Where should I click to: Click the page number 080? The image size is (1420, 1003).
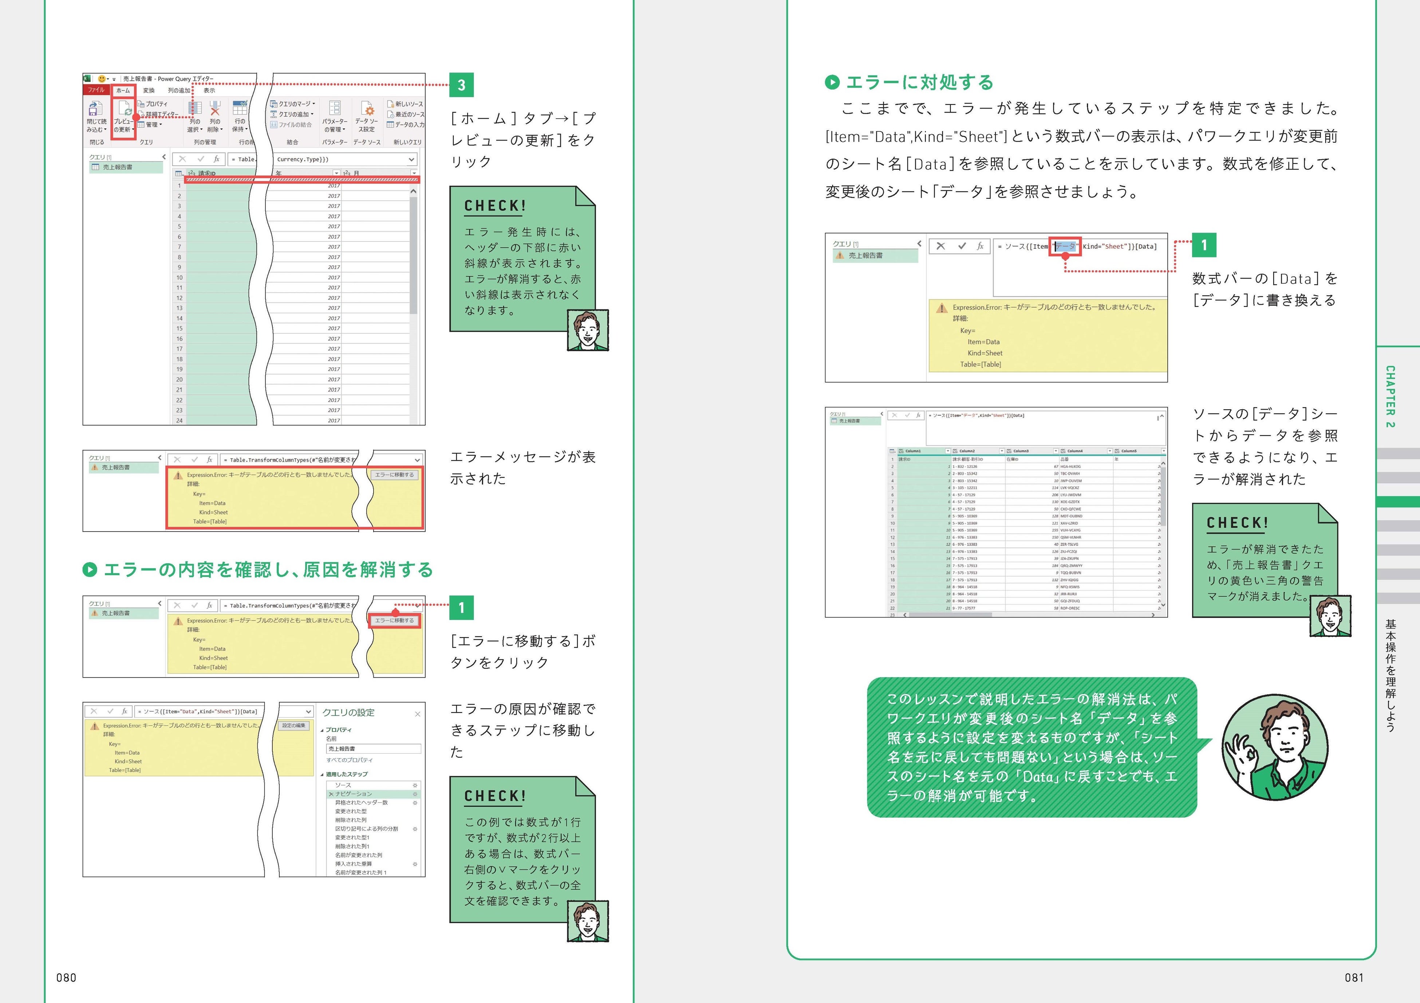pyautogui.click(x=66, y=978)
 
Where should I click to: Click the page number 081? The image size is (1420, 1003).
pyautogui.click(x=1354, y=978)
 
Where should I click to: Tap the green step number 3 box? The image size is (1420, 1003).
pyautogui.click(x=461, y=85)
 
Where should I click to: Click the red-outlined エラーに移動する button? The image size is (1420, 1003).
pyautogui.click(x=395, y=620)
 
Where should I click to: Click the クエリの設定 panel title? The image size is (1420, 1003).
pyautogui.click(x=348, y=712)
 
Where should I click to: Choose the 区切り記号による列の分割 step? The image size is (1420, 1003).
pyautogui.click(x=367, y=829)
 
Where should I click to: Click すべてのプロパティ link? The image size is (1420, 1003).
pyautogui.click(x=350, y=760)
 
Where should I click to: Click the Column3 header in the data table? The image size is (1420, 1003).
pyautogui.click(x=1021, y=451)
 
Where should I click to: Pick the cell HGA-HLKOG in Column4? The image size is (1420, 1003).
pyautogui.click(x=1070, y=467)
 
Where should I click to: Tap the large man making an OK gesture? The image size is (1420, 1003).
pyautogui.click(x=1275, y=747)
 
